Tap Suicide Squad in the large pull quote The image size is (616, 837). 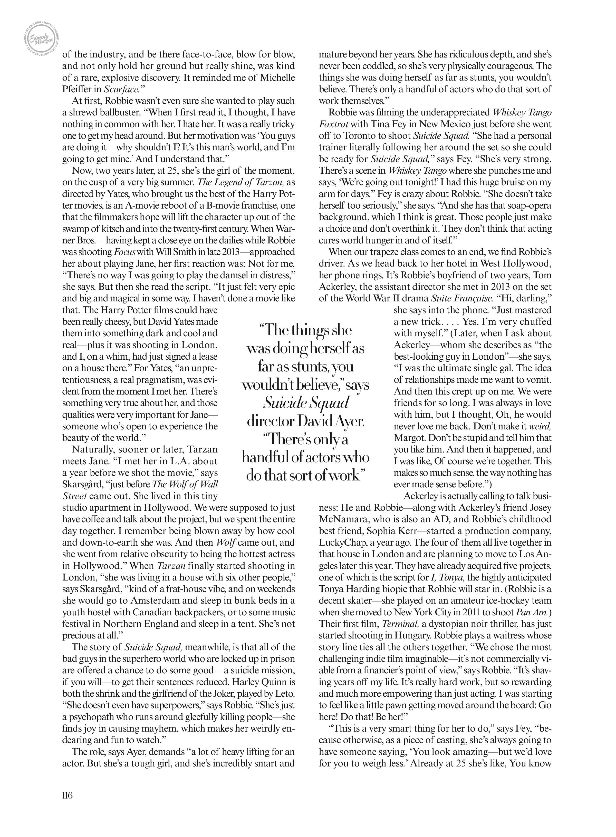(306, 402)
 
